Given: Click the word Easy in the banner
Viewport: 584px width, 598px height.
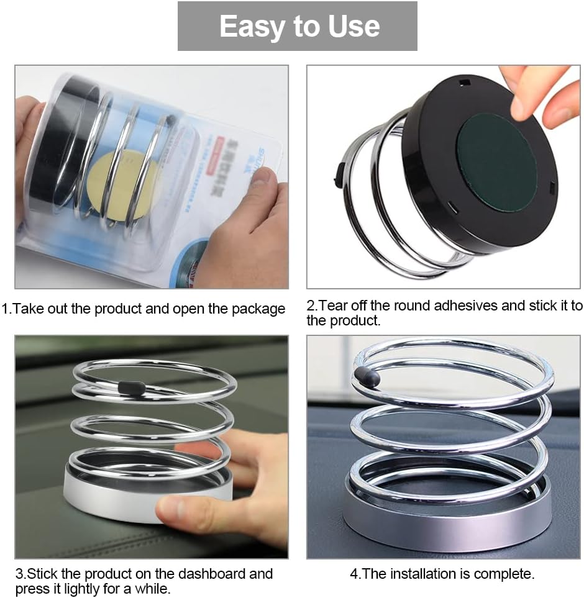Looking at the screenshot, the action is coord(252,27).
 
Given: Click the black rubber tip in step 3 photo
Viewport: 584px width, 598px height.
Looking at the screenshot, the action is coord(131,387).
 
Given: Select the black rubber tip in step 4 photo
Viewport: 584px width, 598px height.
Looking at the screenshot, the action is coord(367,376).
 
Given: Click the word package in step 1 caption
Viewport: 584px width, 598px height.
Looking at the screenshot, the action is coord(258,309).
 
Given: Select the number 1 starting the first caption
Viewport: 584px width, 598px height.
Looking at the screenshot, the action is coord(5,309).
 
